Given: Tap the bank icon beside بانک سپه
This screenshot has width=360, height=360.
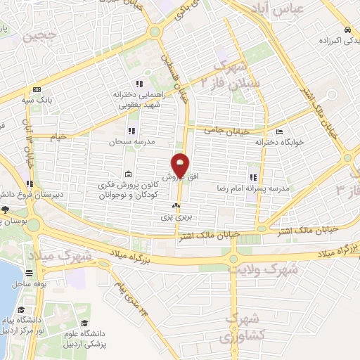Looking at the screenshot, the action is click(x=37, y=89).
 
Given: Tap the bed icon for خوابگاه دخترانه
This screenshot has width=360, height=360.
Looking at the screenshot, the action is click(x=280, y=132).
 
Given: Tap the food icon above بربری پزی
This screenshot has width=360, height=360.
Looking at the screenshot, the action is click(x=175, y=207).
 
